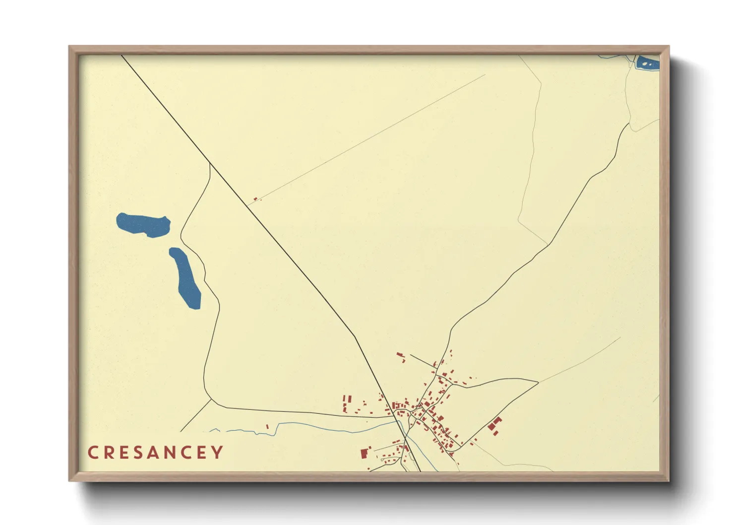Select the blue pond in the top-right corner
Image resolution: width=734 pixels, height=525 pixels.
pos(648,64)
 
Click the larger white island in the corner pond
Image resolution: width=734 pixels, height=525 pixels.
pos(644,64)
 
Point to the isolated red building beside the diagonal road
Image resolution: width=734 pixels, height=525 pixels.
pos(255,199)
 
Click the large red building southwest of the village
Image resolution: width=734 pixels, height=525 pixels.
pos(365,453)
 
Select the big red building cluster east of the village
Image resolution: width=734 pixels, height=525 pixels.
pos(495,426)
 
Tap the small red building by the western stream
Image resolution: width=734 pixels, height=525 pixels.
pos(267,426)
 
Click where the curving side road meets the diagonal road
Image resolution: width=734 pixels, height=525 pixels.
pos(210,163)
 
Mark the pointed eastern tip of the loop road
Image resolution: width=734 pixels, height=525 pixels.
pos(538,382)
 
